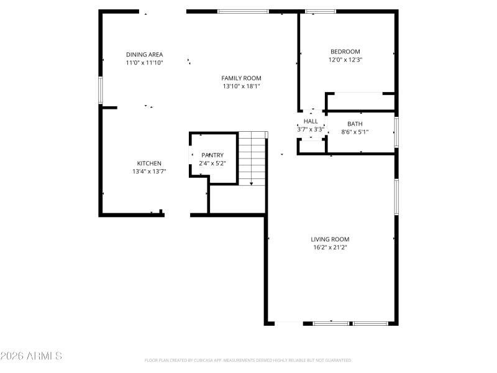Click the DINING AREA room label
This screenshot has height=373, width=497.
coord(144,55)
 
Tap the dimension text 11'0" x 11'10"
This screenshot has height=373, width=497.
coord(144,63)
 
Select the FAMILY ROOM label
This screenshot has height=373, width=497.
coord(241,78)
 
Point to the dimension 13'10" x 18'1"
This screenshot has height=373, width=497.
coord(241,86)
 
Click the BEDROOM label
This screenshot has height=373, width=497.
coord(345,52)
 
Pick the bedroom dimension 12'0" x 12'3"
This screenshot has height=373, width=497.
coord(345,60)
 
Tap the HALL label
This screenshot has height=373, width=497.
coord(311,121)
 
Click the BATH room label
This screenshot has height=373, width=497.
coord(355,124)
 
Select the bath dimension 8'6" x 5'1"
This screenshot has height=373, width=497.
coord(355,132)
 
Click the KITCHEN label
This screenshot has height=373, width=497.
coord(149,163)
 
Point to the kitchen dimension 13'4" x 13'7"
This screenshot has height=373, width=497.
coord(149,172)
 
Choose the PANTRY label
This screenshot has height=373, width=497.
coord(212,155)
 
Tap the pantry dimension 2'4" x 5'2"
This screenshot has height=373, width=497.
coord(212,163)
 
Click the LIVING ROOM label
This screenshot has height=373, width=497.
coord(330,239)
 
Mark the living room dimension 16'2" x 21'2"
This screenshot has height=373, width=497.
coord(330,247)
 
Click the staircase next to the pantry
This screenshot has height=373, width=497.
coord(252,159)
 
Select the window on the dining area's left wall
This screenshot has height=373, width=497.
coord(101,90)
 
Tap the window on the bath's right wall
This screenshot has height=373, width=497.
coord(396,132)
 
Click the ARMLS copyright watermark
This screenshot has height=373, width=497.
coord(31,356)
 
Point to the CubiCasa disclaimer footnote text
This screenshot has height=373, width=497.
coord(248,360)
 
